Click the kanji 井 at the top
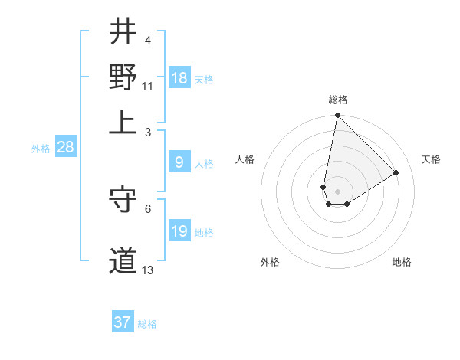pos(123,33)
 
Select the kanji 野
pos(123,77)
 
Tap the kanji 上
pos(123,121)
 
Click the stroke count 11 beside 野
pos(148,86)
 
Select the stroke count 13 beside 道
pos(148,270)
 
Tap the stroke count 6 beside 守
pos(148,208)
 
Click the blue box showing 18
pos(179,78)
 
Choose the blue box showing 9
pos(179,162)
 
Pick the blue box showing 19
pos(179,231)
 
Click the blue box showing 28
pos(65,148)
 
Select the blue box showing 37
pos(123,322)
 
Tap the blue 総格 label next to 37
pos(147,324)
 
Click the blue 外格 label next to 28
pos(41,149)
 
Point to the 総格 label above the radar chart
pos(338,100)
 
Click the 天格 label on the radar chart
pos(431,159)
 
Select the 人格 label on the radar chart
pos(245,159)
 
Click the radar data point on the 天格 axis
pos(396,172)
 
